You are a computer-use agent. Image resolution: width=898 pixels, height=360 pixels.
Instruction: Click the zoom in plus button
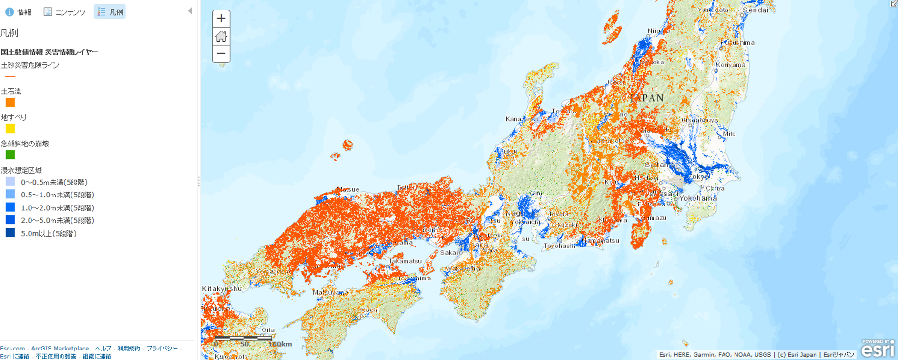pos(221,19)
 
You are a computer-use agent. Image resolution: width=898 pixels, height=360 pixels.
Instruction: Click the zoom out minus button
pos(221,53)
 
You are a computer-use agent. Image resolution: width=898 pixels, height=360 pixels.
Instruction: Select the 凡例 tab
pos(110,12)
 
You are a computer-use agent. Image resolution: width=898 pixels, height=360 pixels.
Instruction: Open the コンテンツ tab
pos(65,12)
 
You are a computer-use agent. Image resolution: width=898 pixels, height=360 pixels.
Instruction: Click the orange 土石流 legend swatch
pos(10,103)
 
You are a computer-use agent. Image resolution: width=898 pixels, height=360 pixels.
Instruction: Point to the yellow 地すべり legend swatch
pos(10,129)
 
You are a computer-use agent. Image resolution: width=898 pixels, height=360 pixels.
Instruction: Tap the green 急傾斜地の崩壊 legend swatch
pos(10,155)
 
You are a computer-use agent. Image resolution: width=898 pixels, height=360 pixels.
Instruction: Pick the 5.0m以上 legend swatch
pos(10,233)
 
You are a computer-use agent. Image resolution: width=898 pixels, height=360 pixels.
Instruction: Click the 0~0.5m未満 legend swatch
pos(10,182)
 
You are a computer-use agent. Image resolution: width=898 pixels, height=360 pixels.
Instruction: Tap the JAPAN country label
pos(647,98)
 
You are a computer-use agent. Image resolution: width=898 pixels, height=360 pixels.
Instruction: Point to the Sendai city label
pos(755,10)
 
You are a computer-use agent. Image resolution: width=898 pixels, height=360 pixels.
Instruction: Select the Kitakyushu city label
pos(221,288)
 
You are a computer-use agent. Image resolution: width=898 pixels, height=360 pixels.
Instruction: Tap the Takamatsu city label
pos(405,261)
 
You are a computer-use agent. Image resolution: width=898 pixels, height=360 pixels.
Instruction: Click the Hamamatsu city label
pos(602,241)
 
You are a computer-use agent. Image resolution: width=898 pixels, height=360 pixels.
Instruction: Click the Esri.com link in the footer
pos(12,349)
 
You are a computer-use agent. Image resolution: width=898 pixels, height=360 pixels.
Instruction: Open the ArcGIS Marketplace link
pos(60,349)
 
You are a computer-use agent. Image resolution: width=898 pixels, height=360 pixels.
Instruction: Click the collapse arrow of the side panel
pos(190,11)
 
